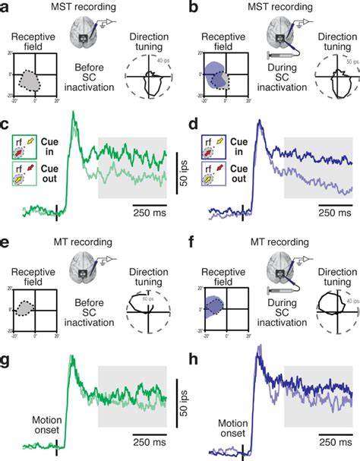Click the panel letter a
(6, 7)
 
